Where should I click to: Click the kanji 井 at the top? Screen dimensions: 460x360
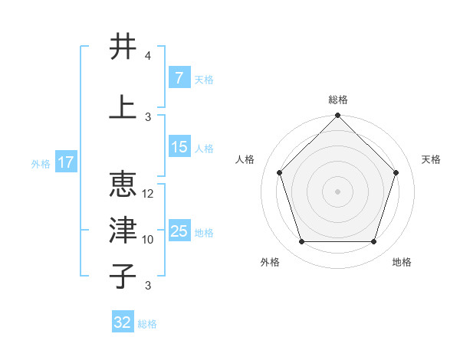coord(123,46)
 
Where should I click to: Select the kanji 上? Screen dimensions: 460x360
coord(123,106)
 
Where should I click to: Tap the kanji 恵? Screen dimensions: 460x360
coord(123,184)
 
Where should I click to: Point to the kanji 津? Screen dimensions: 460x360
coord(123,230)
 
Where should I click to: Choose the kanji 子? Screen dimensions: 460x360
coord(123,276)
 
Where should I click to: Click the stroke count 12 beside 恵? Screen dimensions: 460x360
coord(147,194)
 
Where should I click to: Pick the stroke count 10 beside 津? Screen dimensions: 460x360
coord(147,240)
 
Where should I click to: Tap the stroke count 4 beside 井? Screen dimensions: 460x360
coord(147,56)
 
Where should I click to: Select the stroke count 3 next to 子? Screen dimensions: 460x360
coord(148,286)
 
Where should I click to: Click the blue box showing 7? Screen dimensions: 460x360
coord(179,77)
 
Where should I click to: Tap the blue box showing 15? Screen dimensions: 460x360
coord(179,146)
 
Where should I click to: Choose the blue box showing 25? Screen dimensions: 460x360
coord(179,230)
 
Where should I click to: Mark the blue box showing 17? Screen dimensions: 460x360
coord(66,162)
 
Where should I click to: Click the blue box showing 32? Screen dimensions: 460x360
coord(123,321)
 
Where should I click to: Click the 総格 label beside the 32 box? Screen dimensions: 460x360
coord(147,324)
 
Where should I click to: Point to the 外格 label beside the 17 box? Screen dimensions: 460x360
coord(41,164)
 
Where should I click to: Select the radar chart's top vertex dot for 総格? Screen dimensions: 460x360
coord(337,115)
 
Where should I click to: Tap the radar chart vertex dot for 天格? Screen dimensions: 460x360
coord(396,172)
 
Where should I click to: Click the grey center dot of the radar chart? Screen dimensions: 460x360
coord(337,191)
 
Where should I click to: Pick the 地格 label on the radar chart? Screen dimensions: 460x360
coord(402,262)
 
